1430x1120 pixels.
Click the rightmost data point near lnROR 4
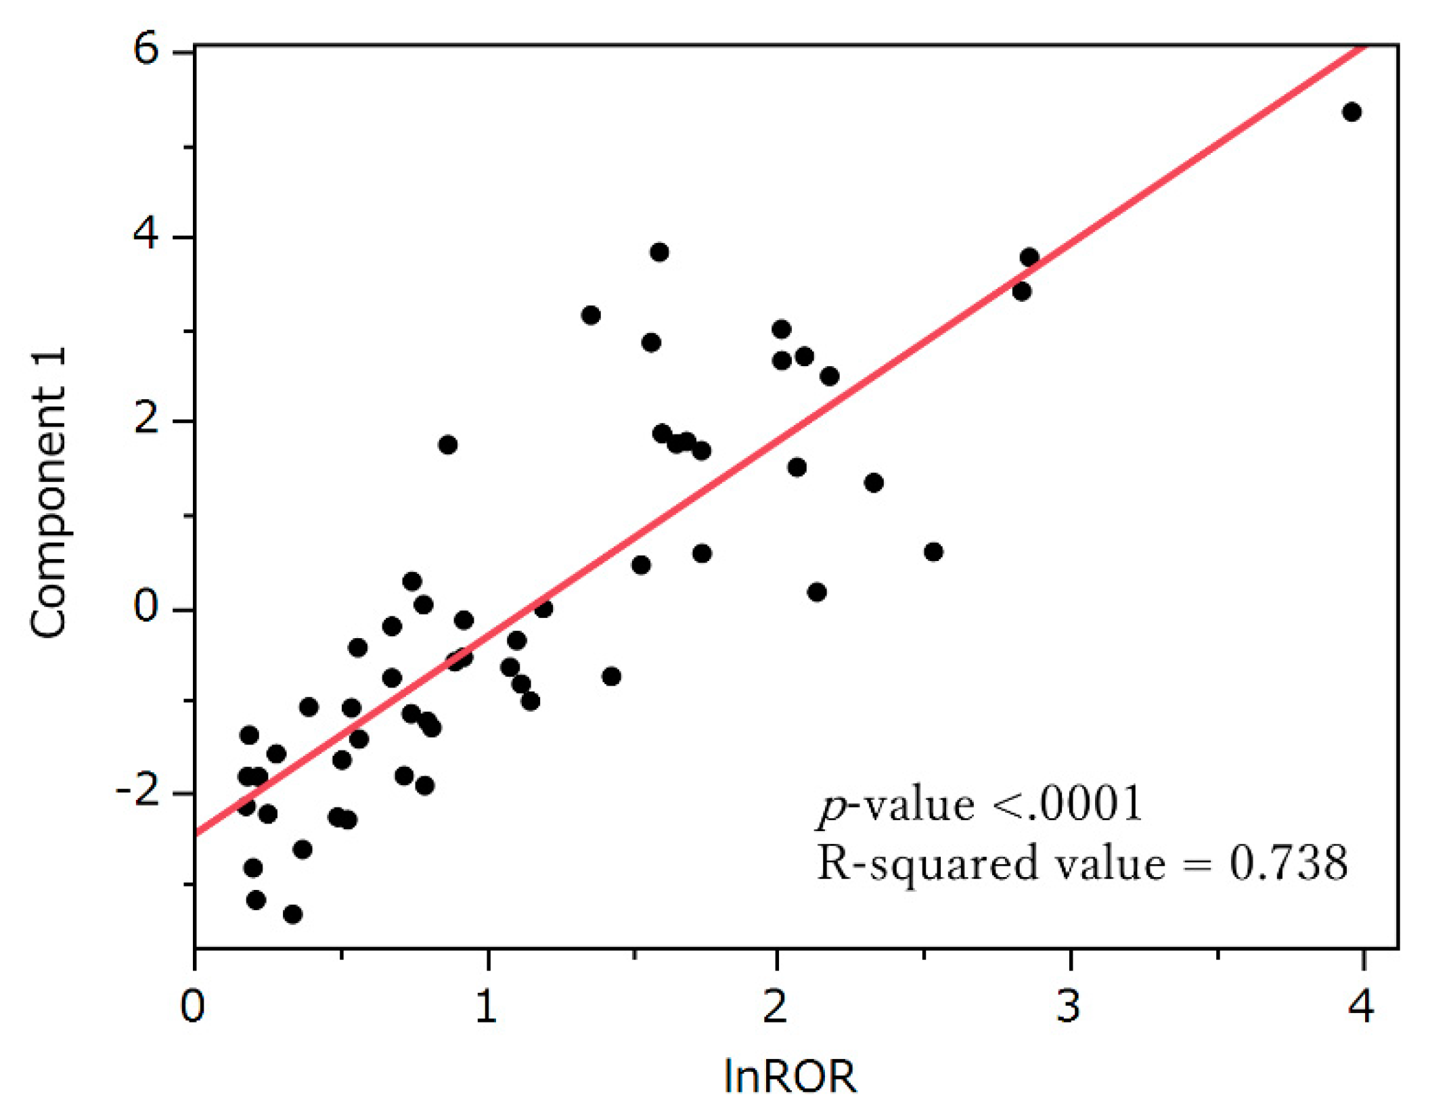point(1351,112)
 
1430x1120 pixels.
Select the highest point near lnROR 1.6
point(659,252)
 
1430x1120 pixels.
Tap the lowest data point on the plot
point(292,914)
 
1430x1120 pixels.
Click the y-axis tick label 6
point(146,49)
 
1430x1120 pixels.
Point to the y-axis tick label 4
point(146,234)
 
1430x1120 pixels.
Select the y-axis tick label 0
point(146,606)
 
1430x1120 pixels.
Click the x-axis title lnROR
point(790,1077)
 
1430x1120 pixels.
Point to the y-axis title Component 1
point(49,492)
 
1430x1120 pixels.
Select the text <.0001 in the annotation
point(1067,805)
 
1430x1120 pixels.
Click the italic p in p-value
point(830,807)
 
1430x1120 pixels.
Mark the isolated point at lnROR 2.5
point(933,552)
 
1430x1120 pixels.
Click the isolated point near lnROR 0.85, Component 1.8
point(447,445)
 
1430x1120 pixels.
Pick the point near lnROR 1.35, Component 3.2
point(591,315)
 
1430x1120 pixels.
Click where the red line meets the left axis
point(196,834)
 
